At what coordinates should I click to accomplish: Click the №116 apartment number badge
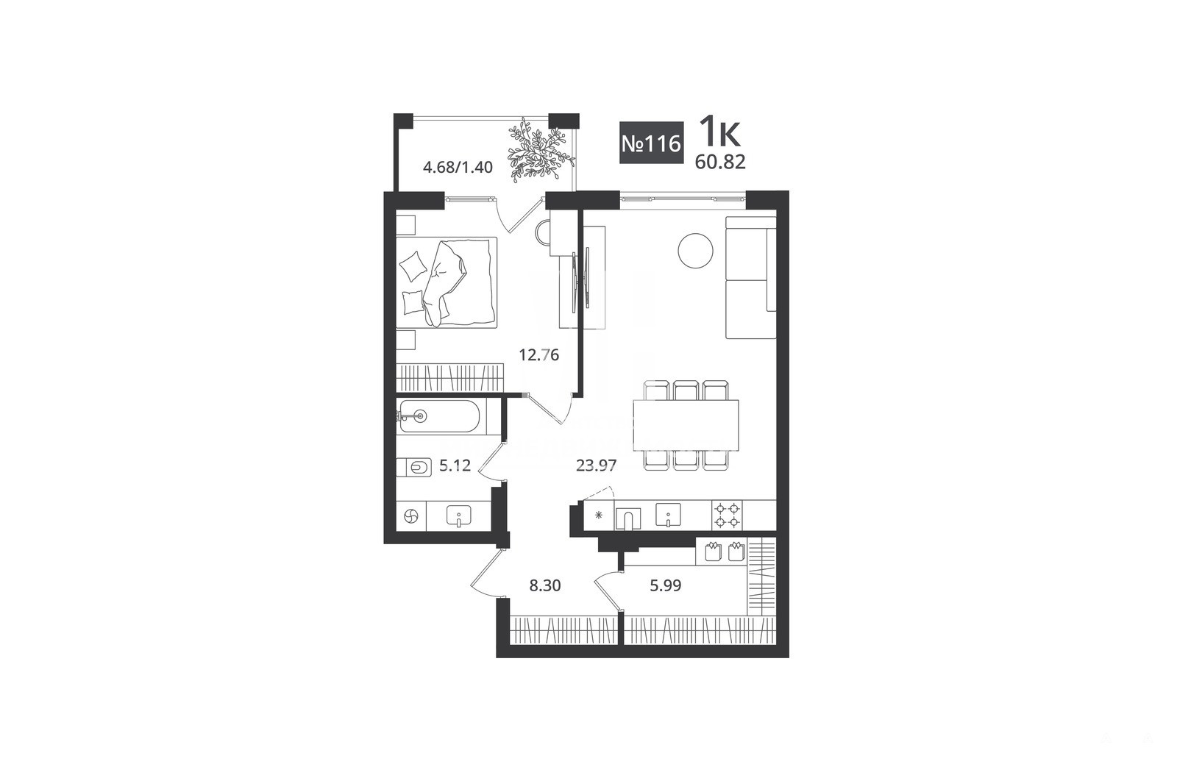click(x=652, y=143)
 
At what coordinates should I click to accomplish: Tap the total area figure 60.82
click(x=720, y=163)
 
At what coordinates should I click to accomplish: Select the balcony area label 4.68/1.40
click(x=458, y=168)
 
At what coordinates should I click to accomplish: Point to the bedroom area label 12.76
click(x=539, y=355)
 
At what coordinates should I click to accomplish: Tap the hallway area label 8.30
click(x=545, y=585)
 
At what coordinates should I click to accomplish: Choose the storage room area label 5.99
click(x=665, y=585)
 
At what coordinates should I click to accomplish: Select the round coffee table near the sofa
click(x=695, y=251)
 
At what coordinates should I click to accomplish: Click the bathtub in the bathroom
click(x=439, y=417)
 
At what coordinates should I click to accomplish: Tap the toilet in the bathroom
click(x=415, y=467)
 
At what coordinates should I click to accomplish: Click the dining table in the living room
click(x=686, y=425)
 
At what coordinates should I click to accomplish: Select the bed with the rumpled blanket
click(x=446, y=282)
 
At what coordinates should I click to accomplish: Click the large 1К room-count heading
click(x=720, y=132)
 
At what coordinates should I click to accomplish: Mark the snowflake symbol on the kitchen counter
click(x=598, y=515)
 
